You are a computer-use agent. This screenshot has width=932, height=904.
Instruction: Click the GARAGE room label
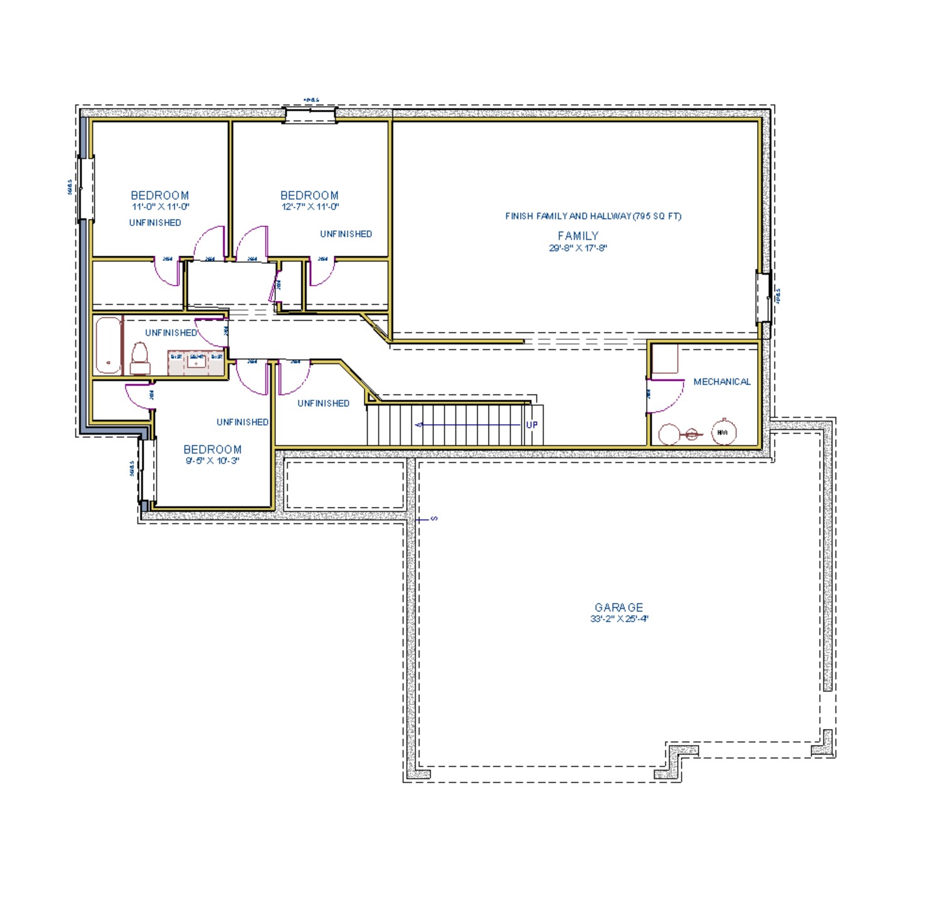tap(618, 607)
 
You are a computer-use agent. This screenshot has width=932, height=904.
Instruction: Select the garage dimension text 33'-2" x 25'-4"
tap(618, 619)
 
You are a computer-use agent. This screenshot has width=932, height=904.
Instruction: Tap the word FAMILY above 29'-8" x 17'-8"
tap(578, 236)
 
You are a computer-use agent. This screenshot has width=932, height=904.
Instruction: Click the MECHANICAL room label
tap(721, 381)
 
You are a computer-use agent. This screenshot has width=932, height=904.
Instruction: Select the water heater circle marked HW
tap(723, 432)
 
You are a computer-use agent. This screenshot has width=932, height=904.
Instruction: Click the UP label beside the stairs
tap(531, 425)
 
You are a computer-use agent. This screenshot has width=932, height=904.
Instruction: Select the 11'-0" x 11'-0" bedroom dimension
tap(160, 207)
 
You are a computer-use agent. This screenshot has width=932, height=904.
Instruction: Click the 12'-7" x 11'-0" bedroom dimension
tap(310, 207)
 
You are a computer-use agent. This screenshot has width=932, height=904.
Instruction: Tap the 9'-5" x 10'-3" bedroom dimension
tap(212, 461)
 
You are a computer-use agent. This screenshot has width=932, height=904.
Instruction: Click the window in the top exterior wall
tap(310, 115)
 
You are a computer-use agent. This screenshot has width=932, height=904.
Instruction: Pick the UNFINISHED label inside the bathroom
tap(171, 333)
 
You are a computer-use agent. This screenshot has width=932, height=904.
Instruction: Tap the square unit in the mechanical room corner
tap(665, 359)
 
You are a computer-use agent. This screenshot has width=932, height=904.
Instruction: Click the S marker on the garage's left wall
tap(433, 519)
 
